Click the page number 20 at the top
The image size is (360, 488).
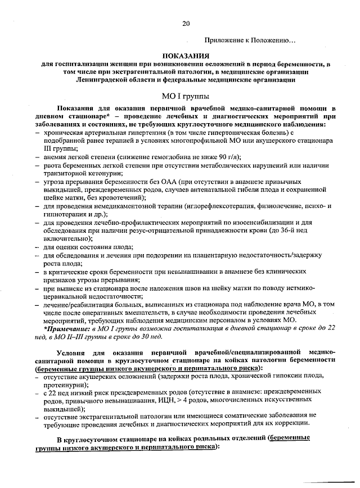pos(186,23)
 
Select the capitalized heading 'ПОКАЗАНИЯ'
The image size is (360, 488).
pos(186,56)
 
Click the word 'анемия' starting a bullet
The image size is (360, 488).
pos(55,157)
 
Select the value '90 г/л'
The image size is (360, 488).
pos(227,157)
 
